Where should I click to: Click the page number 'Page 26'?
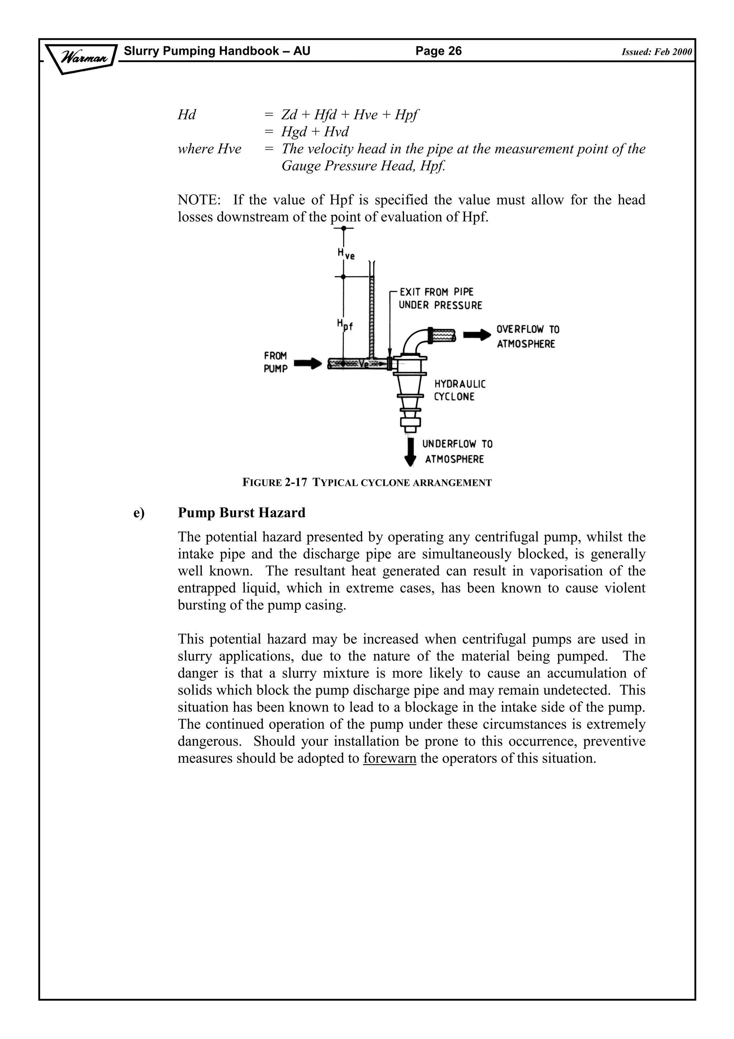(438, 51)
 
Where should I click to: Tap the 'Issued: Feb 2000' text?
(656, 52)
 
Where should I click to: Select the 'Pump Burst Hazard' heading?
(242, 513)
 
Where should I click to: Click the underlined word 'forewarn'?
(389, 758)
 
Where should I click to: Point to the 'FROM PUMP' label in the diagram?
(275, 362)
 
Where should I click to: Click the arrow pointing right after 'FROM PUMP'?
(308, 363)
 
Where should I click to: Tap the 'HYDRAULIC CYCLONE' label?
(459, 390)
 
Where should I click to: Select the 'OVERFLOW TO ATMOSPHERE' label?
(527, 337)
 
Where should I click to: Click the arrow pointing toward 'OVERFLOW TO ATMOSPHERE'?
(477, 335)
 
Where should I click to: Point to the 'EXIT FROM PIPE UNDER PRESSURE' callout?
(440, 299)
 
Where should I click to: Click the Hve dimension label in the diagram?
(346, 254)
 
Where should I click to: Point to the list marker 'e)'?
(139, 513)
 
